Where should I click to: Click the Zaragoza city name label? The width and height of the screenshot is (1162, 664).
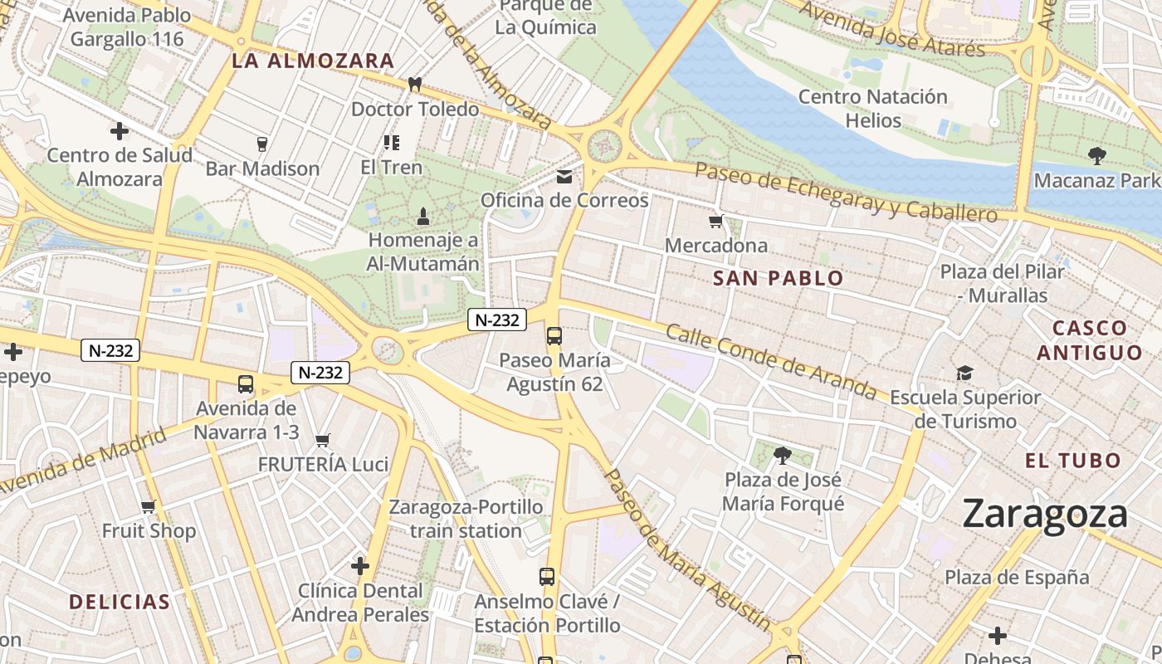point(1045,514)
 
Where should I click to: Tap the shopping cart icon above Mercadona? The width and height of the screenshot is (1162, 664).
point(715,222)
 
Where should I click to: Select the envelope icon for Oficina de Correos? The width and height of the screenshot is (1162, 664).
point(564,176)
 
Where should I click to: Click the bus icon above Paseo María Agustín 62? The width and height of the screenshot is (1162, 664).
point(554,335)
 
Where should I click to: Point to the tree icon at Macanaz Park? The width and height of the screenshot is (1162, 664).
point(1096,155)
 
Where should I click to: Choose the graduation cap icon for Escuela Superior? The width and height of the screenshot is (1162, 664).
point(964,373)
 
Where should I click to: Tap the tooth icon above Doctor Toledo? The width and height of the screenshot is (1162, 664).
point(415,84)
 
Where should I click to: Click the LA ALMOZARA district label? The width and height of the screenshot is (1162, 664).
point(313,61)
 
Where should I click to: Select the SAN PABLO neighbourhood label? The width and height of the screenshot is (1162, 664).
point(778,279)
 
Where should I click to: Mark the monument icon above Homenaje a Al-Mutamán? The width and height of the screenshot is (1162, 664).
point(422,217)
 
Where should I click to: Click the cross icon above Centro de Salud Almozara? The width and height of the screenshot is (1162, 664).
point(120,131)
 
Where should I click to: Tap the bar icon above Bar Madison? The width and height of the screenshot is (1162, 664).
point(262,144)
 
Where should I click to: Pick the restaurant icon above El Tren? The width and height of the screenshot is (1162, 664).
point(392,143)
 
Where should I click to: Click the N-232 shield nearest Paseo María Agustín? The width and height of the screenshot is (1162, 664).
point(497,320)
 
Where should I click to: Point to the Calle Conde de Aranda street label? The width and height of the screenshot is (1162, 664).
point(771,361)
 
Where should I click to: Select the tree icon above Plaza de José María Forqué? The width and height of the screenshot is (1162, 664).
point(782,455)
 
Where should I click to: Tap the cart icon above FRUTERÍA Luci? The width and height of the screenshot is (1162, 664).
point(323,440)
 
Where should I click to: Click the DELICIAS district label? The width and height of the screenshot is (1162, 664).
point(120,602)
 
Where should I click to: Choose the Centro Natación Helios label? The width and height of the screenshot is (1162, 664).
point(872,108)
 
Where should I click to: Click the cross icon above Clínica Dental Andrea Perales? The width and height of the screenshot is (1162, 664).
point(359,566)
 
